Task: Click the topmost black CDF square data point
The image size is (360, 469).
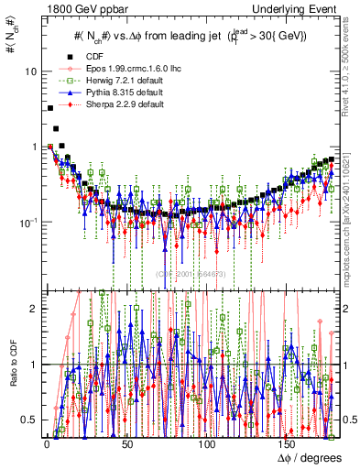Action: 50,108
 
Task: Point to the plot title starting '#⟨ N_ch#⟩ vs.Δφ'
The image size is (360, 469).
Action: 189,36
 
